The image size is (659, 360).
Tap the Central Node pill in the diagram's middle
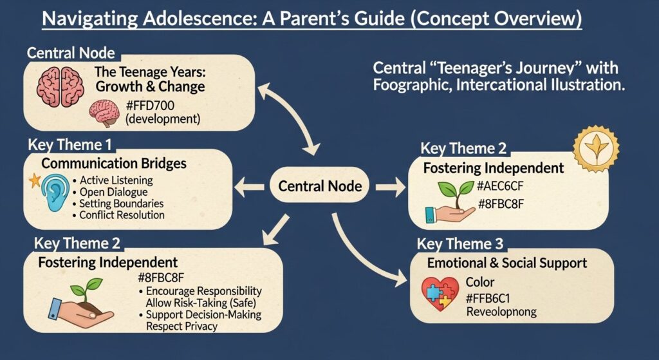(320, 187)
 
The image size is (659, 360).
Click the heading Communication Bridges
(114, 164)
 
